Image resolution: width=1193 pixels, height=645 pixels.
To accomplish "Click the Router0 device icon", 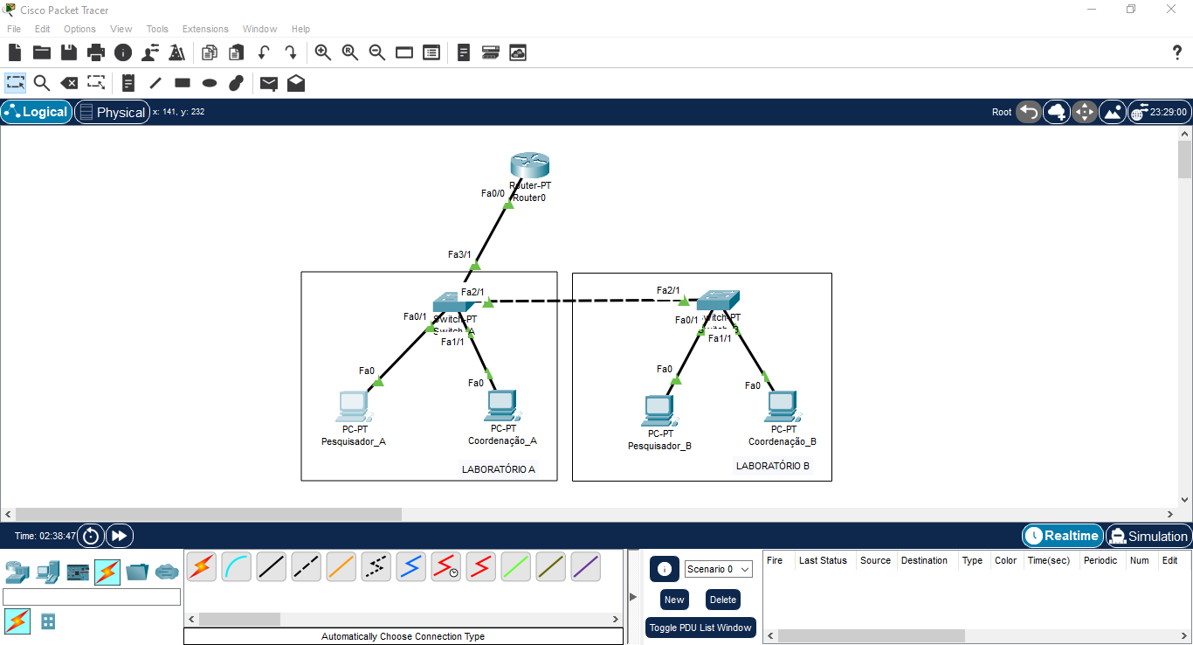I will [530, 166].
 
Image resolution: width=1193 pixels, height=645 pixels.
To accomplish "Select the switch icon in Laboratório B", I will [718, 301].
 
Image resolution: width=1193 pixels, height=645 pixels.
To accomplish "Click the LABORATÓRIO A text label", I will [498, 469].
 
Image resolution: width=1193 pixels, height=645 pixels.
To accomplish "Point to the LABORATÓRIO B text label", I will [772, 466].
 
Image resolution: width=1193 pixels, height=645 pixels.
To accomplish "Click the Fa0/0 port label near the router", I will [493, 193].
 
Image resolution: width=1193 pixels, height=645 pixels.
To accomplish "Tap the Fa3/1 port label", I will [459, 254].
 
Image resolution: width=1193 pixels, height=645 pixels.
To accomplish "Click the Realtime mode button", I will [1062, 536].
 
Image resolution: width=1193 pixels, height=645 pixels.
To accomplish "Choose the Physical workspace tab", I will [112, 112].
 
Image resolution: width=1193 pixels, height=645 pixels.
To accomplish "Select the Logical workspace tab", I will [37, 112].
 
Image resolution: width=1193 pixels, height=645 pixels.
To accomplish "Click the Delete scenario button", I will [723, 600].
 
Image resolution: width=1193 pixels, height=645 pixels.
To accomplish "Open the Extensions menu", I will [205, 29].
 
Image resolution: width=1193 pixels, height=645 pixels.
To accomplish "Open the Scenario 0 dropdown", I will [718, 569].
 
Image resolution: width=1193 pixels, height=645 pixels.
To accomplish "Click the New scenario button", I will [673, 600].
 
